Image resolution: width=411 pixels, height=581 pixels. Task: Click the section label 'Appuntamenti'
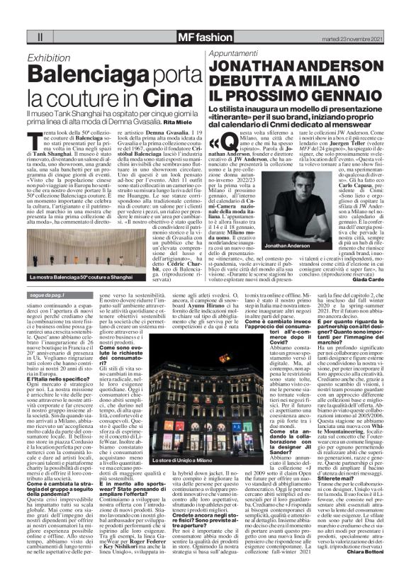coord(227,54)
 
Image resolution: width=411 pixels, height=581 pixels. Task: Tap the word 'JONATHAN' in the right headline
coord(251,68)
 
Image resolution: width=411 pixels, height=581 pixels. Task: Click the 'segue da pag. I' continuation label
coord(46,293)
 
